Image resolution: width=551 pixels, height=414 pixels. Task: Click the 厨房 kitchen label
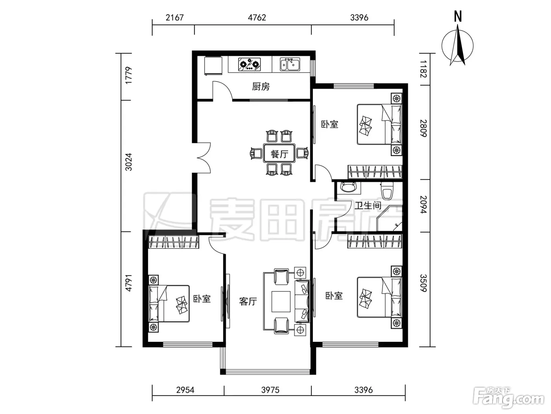(x=261, y=87)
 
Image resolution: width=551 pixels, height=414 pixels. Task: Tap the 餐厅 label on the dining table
(x=279, y=154)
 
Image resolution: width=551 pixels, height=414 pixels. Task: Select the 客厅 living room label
(x=248, y=301)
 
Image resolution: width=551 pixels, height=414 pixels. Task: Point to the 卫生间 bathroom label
(x=368, y=205)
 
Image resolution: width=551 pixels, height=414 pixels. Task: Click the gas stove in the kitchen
(x=249, y=64)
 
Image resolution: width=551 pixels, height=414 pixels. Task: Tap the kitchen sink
(x=290, y=64)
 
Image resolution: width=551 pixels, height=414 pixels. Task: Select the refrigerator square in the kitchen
(x=213, y=65)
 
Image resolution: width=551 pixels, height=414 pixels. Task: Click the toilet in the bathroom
(x=387, y=191)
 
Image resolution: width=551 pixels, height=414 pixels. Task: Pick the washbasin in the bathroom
(x=348, y=188)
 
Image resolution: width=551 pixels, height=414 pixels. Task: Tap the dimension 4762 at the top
(x=257, y=18)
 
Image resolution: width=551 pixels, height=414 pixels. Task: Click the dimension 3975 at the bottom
(x=270, y=390)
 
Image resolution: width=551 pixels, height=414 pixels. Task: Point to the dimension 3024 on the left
(x=129, y=162)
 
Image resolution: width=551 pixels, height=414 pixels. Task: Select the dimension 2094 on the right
(x=423, y=205)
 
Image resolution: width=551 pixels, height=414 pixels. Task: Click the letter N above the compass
(x=458, y=17)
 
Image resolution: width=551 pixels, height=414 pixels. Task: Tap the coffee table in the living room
(x=281, y=301)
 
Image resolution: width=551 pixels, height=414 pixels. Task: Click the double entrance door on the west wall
(x=203, y=158)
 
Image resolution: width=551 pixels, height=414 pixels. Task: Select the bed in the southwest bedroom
(x=169, y=303)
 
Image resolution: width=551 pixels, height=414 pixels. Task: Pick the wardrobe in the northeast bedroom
(x=375, y=172)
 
